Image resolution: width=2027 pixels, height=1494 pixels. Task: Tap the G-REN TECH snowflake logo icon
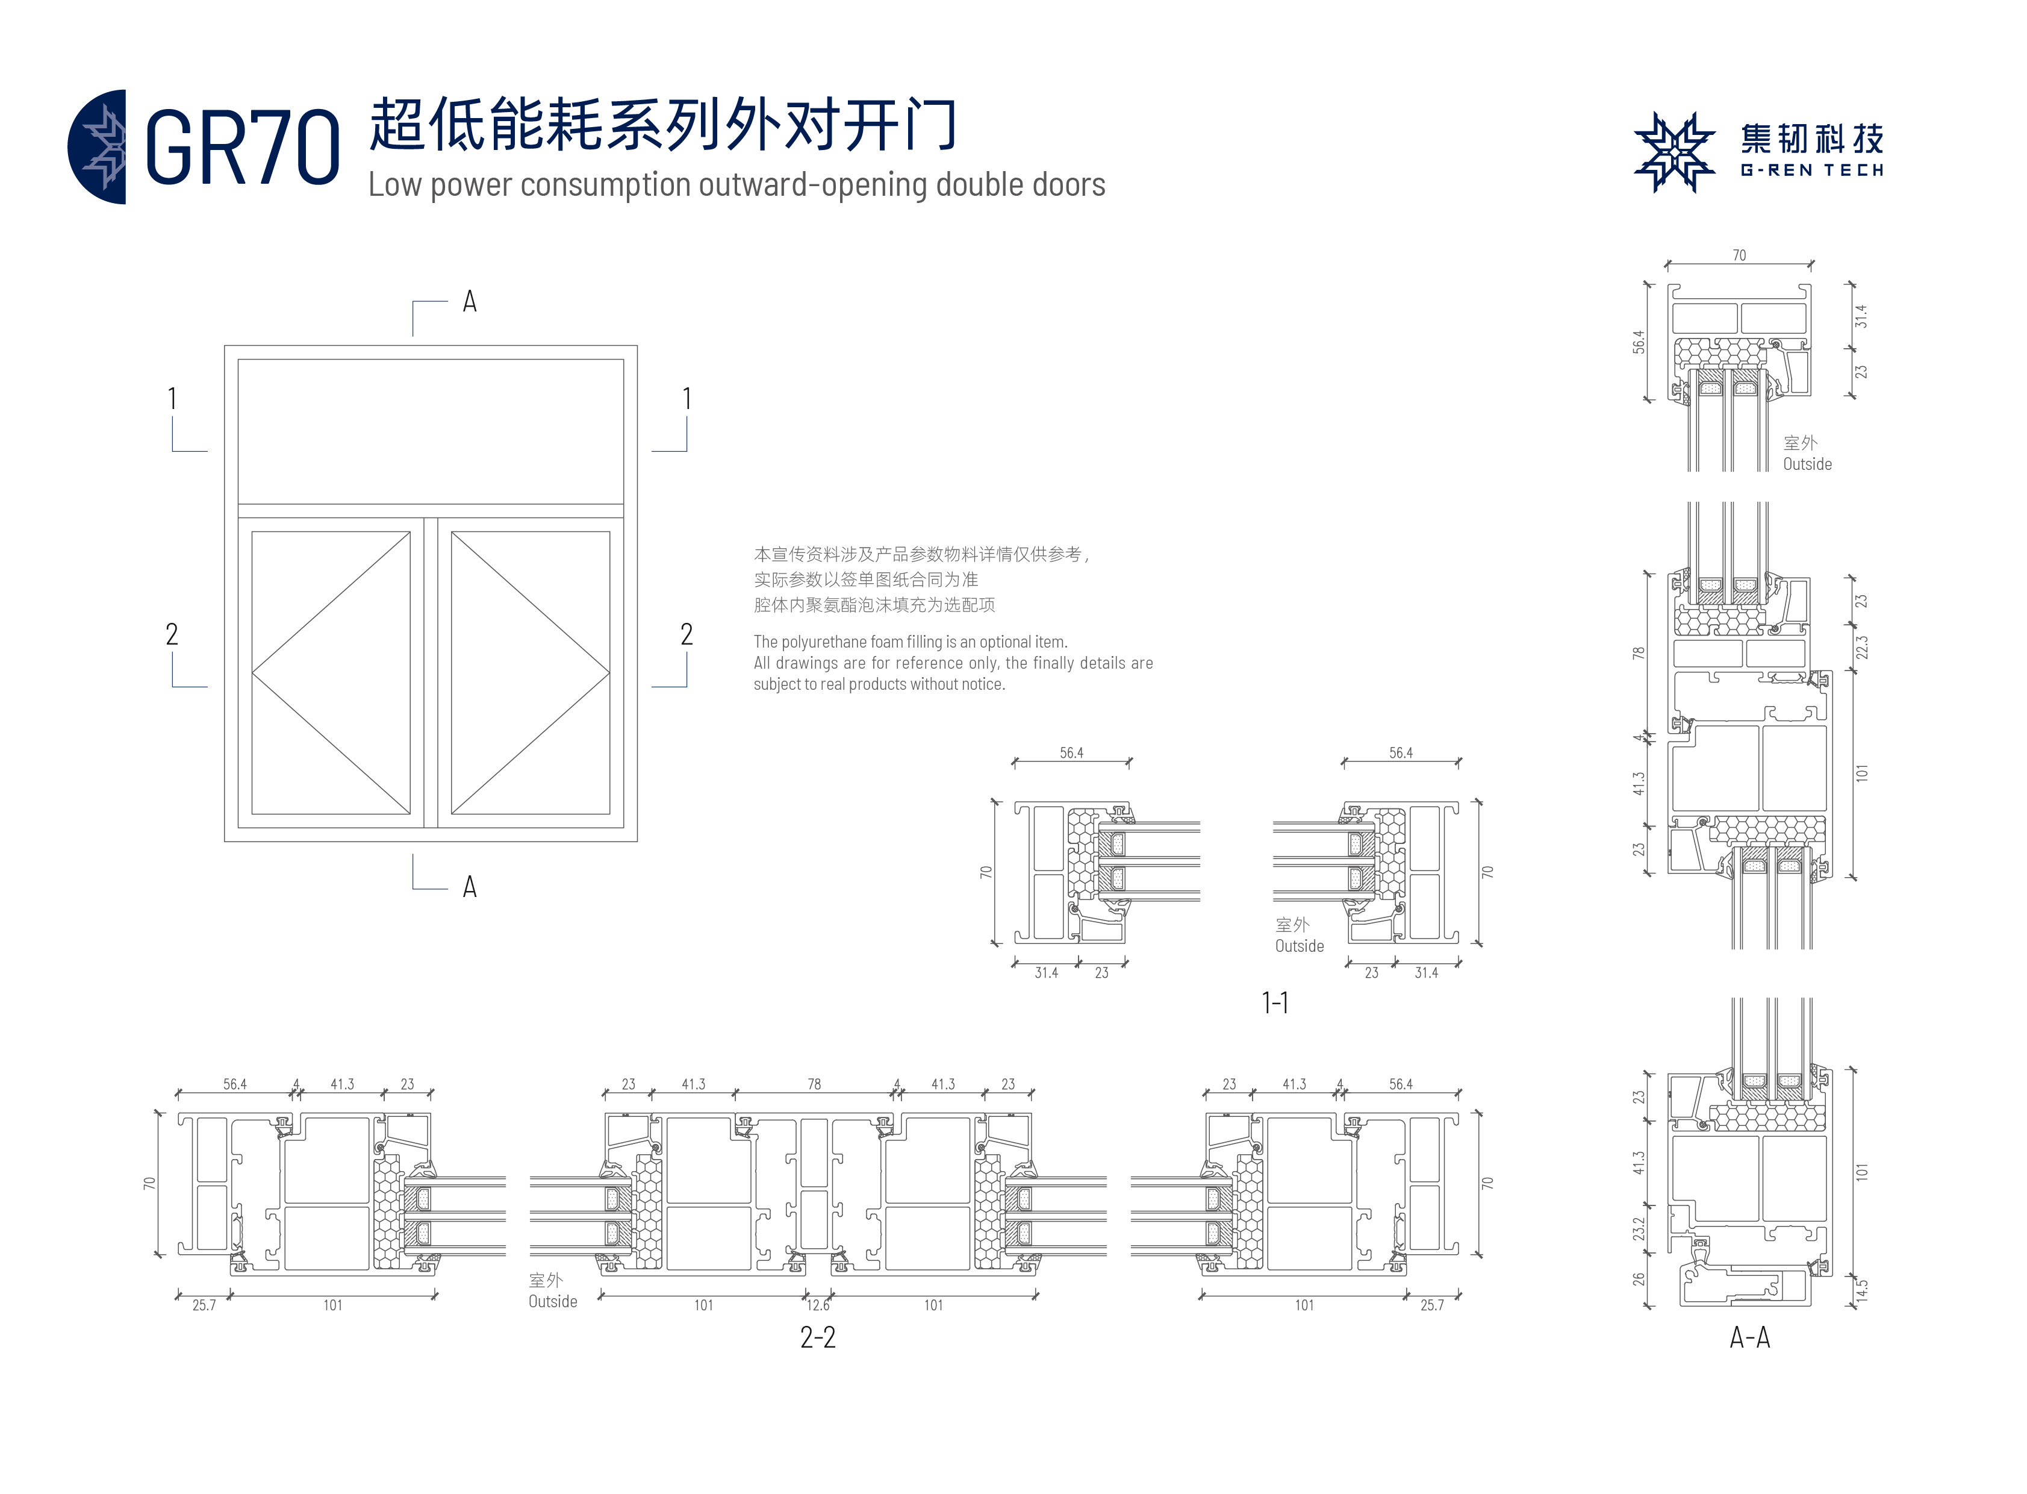tap(1674, 152)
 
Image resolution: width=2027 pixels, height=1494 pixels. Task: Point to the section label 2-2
tap(817, 1337)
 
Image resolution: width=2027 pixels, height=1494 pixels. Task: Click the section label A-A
tap(1749, 1337)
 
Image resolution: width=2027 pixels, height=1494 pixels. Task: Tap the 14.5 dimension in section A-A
tap(1861, 1292)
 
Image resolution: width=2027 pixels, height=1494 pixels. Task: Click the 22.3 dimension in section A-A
tap(1861, 648)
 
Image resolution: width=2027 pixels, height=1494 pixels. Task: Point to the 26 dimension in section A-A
tap(1638, 1279)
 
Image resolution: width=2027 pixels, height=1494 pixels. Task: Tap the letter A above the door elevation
tap(469, 302)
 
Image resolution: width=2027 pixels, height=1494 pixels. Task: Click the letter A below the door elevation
tap(469, 887)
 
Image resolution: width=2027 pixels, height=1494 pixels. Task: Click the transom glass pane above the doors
tap(431, 431)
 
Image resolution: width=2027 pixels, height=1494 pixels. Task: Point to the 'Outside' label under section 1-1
tap(1299, 946)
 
